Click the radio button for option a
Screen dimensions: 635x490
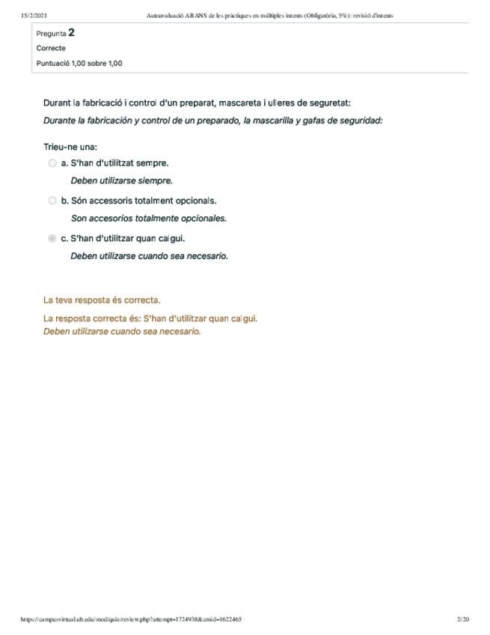52,162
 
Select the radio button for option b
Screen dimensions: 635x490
52,201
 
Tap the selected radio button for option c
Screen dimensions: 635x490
52,239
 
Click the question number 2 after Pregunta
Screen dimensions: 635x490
71,32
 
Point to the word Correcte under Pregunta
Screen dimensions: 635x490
51,48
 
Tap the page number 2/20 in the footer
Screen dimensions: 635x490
462,620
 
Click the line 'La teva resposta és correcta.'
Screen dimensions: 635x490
102,300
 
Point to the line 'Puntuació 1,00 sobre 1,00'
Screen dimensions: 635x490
79,63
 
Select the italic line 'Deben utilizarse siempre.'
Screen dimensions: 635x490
121,180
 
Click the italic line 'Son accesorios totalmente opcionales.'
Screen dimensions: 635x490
148,219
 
